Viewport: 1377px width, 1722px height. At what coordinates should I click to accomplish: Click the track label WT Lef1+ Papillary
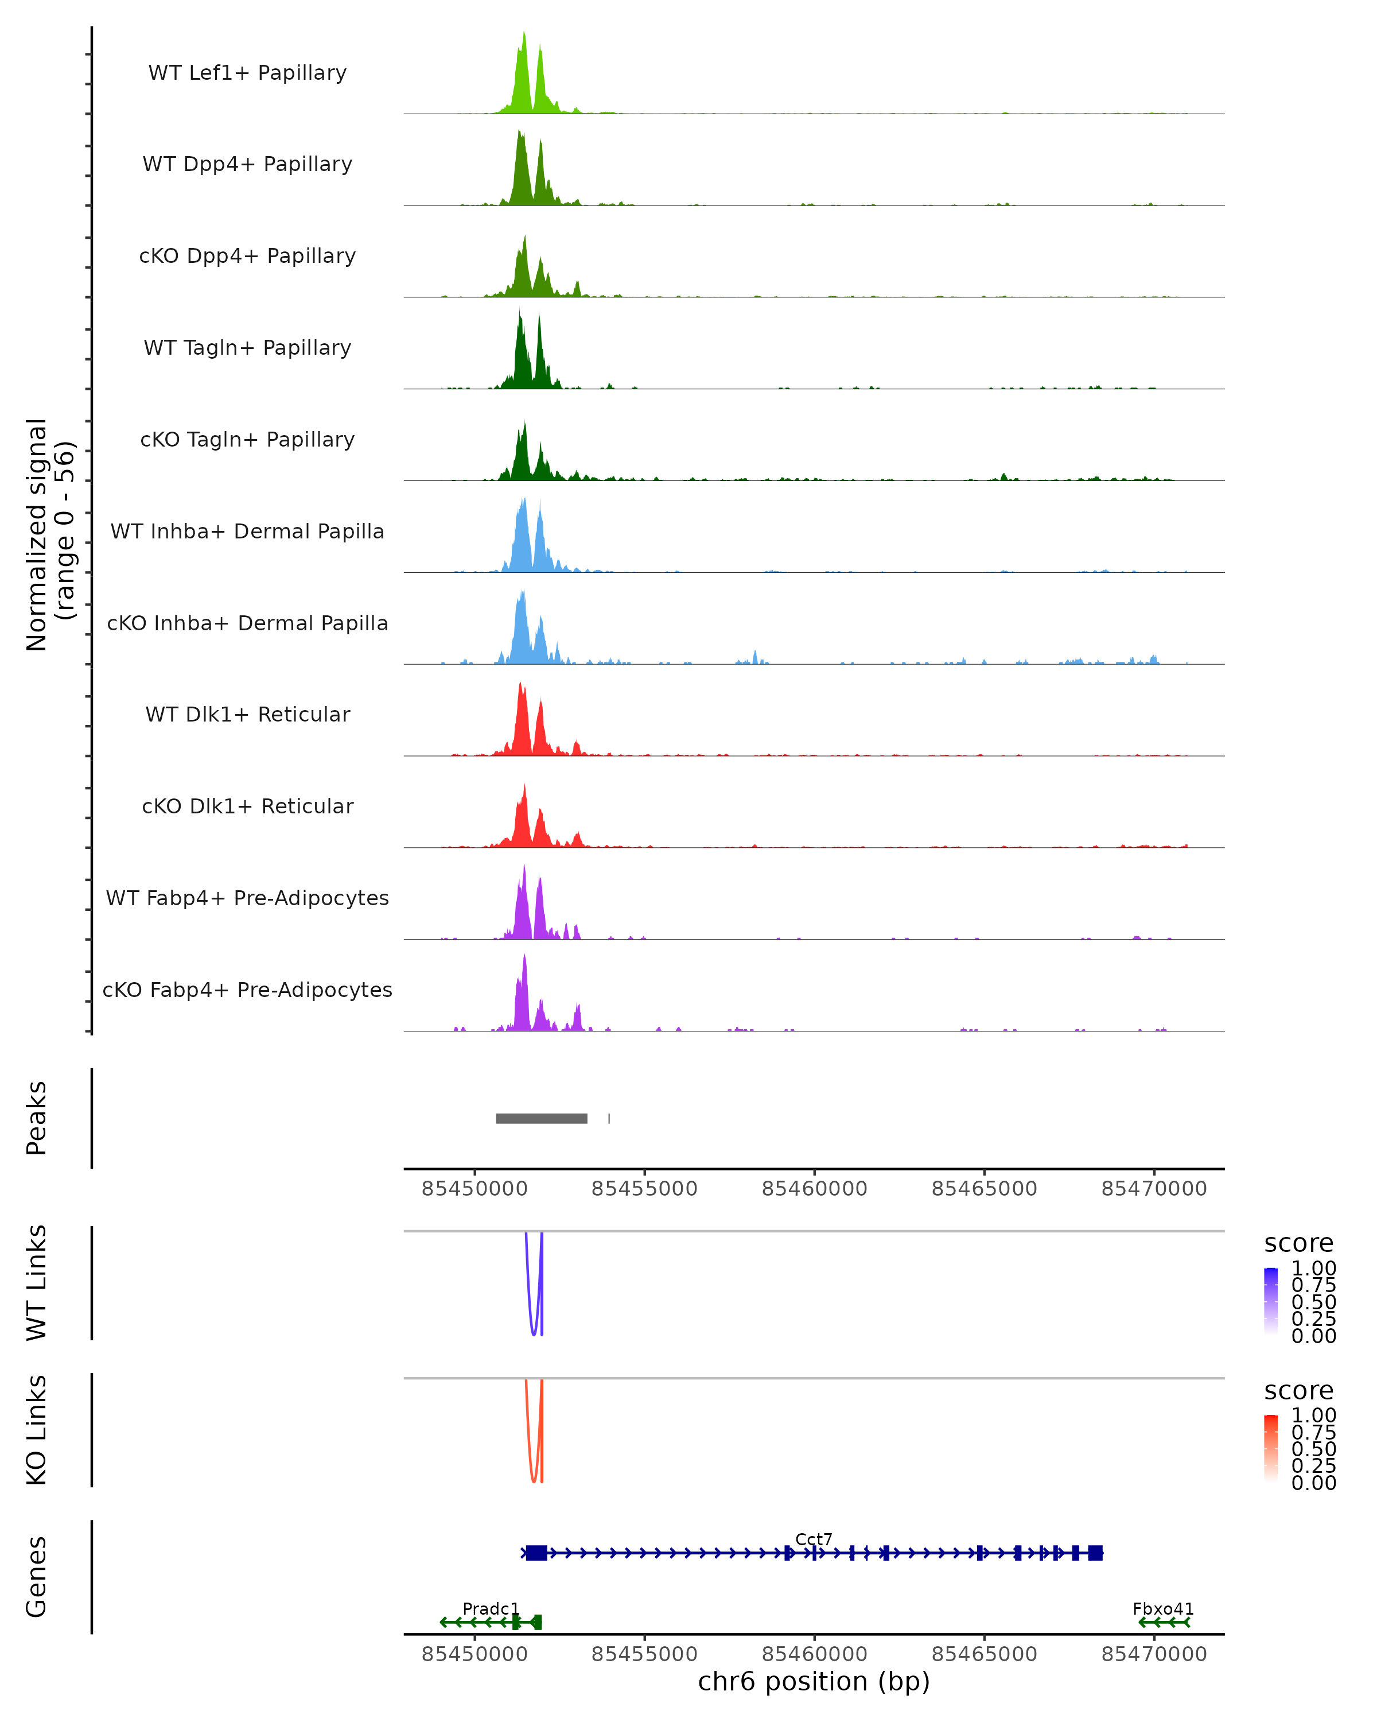247,73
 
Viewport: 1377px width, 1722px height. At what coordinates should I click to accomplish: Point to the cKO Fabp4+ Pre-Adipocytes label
247,990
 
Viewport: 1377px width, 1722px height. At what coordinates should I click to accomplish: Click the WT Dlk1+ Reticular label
247,714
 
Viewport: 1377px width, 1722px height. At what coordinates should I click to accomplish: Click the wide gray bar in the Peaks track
541,1118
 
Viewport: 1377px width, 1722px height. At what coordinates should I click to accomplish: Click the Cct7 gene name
814,1539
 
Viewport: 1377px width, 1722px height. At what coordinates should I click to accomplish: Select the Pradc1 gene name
491,1608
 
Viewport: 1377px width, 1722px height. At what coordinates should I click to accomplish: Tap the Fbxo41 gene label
1163,1608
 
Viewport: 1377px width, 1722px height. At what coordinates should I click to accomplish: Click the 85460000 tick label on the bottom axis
814,1654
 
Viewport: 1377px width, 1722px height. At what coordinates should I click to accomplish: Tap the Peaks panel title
37,1118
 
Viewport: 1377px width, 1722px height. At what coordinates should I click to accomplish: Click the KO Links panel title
37,1430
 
